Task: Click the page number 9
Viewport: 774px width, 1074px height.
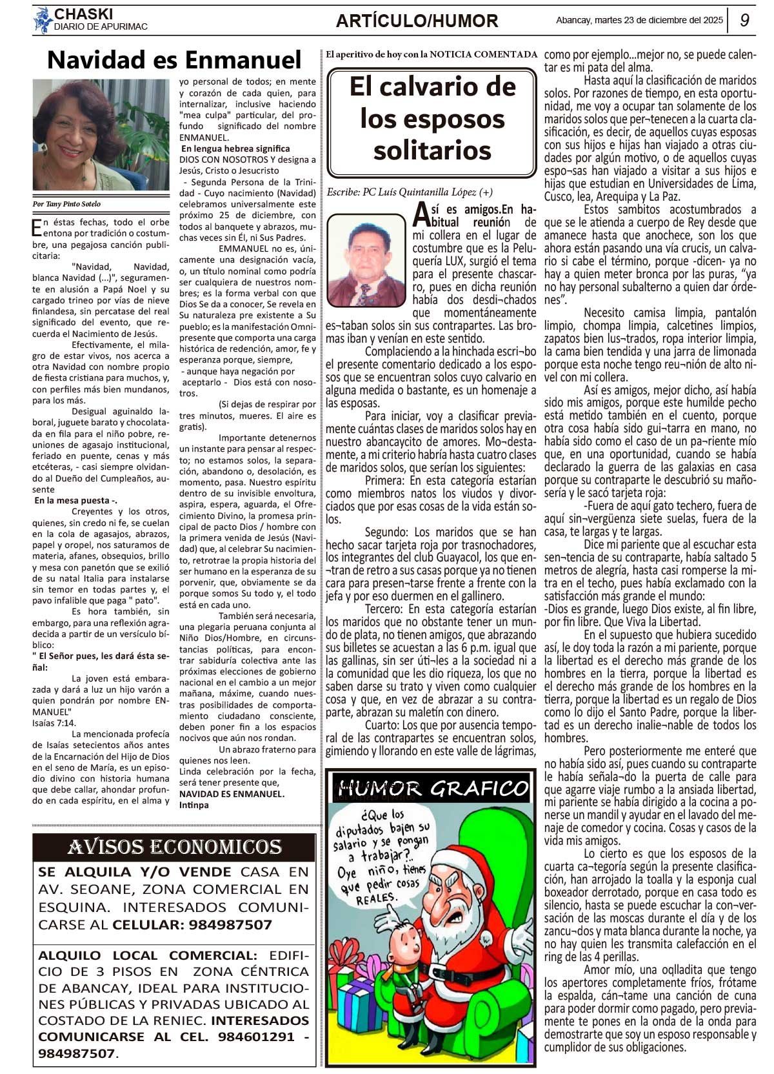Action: click(x=744, y=21)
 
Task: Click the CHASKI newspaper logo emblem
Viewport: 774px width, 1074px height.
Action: click(x=43, y=21)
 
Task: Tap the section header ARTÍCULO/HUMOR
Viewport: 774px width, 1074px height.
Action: click(x=417, y=21)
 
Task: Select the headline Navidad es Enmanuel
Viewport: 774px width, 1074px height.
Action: click(x=174, y=60)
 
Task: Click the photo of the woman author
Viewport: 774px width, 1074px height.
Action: click(x=101, y=135)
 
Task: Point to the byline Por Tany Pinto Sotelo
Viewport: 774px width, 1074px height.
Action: click(x=67, y=204)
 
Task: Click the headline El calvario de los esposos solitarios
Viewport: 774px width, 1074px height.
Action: click(x=432, y=119)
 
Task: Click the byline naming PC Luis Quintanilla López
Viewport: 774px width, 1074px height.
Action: click(x=410, y=192)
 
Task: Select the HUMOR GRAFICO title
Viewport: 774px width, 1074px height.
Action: click(x=432, y=788)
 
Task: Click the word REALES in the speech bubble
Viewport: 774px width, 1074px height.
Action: click(x=376, y=898)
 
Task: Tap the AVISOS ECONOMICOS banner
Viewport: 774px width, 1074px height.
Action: click(x=174, y=847)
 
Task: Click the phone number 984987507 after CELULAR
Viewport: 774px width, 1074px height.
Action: click(x=224, y=924)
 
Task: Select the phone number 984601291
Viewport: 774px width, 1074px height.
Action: click(x=258, y=1037)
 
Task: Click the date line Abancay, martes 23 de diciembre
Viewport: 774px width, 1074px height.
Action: click(x=639, y=20)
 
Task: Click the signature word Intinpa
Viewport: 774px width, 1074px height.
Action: click(x=194, y=805)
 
